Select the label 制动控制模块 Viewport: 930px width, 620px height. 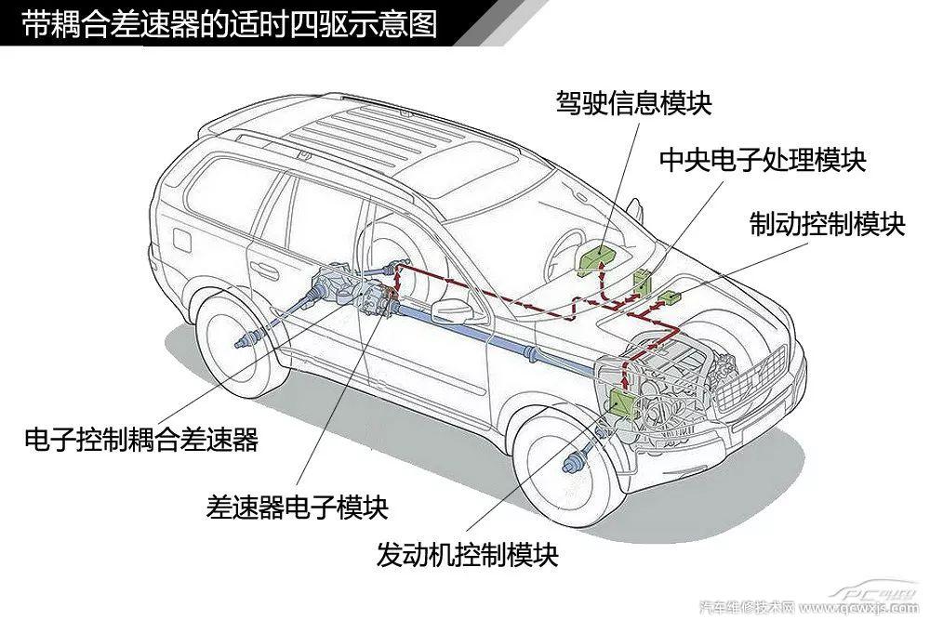[x=827, y=223]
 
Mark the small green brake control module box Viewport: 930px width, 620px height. [x=670, y=298]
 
